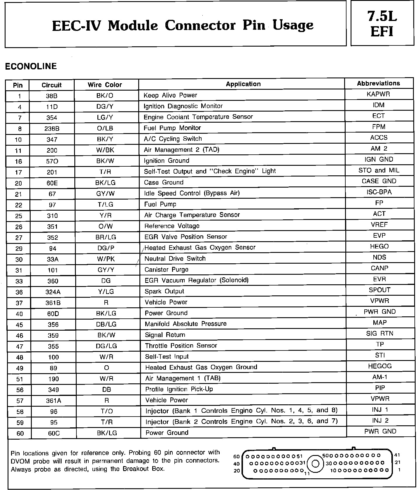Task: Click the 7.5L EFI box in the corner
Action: (382, 23)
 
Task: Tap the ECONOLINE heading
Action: (31, 66)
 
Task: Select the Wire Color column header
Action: (105, 85)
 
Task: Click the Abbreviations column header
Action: (378, 83)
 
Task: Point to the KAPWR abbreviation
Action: (378, 94)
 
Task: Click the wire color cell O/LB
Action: (105, 128)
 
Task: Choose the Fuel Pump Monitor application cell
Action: (172, 128)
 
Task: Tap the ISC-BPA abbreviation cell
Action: (379, 192)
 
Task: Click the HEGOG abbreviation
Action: (380, 366)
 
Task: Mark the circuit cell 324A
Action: (53, 292)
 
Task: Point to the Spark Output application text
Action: (164, 291)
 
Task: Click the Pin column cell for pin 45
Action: (19, 325)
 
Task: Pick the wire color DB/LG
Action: (106, 324)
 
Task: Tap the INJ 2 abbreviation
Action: (380, 421)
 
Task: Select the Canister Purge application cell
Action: (166, 269)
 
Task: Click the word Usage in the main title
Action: (293, 25)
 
